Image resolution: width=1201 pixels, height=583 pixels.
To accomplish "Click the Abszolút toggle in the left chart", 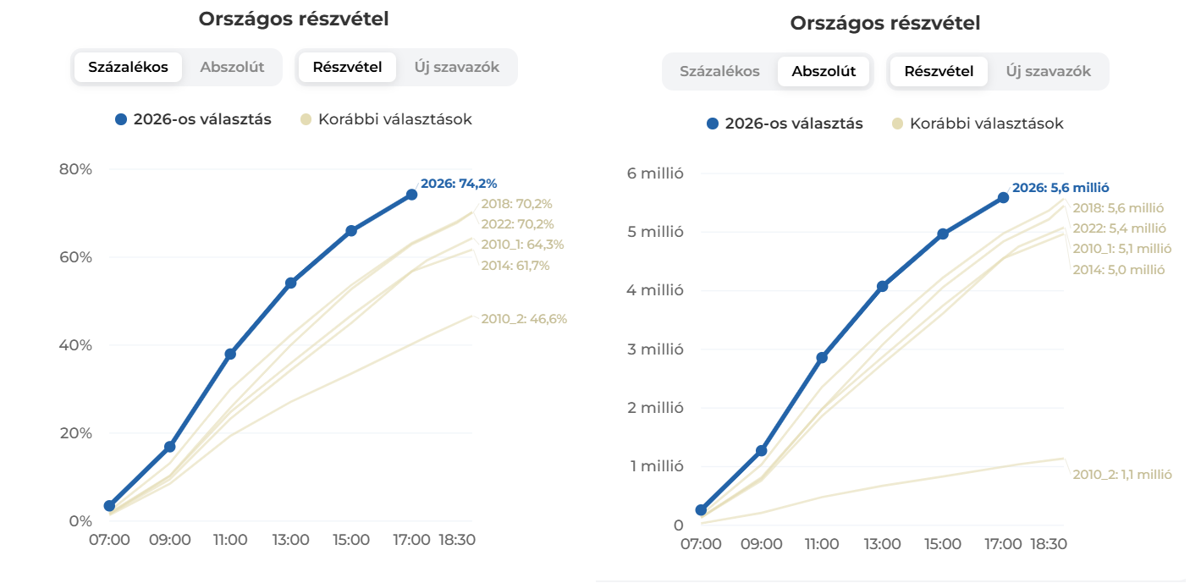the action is point(232,67).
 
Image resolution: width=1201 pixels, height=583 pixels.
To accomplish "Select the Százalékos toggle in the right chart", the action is point(719,71).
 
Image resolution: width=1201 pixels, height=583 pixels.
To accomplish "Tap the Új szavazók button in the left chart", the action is point(456,67).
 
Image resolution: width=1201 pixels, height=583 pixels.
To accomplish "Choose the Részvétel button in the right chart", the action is point(939,71).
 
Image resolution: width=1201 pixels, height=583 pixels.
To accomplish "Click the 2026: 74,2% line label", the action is point(459,184).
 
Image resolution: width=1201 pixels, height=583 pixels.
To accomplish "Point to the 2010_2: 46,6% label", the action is point(524,319).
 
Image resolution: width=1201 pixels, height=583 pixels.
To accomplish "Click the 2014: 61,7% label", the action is point(515,266).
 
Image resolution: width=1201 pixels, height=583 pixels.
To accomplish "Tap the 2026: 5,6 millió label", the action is point(1061,188).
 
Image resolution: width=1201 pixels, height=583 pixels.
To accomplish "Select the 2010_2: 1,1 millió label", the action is point(1122,474).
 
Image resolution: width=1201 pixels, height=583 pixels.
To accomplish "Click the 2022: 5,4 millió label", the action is point(1120,228).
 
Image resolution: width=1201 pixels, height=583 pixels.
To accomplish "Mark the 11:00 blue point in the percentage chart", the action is point(230,355).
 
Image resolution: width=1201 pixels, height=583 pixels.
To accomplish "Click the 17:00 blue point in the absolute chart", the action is point(1003,198).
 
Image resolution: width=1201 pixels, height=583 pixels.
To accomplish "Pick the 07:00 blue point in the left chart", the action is point(109,506).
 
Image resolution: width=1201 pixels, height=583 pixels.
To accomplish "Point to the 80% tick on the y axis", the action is point(75,169).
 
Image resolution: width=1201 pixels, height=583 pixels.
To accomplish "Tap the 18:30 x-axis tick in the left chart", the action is point(457,540).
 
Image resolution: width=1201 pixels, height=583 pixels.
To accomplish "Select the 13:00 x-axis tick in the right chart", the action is point(882,544).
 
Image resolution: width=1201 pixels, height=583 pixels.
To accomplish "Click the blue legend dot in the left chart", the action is point(121,119).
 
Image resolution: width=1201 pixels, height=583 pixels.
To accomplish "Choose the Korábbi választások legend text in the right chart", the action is point(987,124).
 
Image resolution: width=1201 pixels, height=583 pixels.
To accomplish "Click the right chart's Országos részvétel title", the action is point(885,23).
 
